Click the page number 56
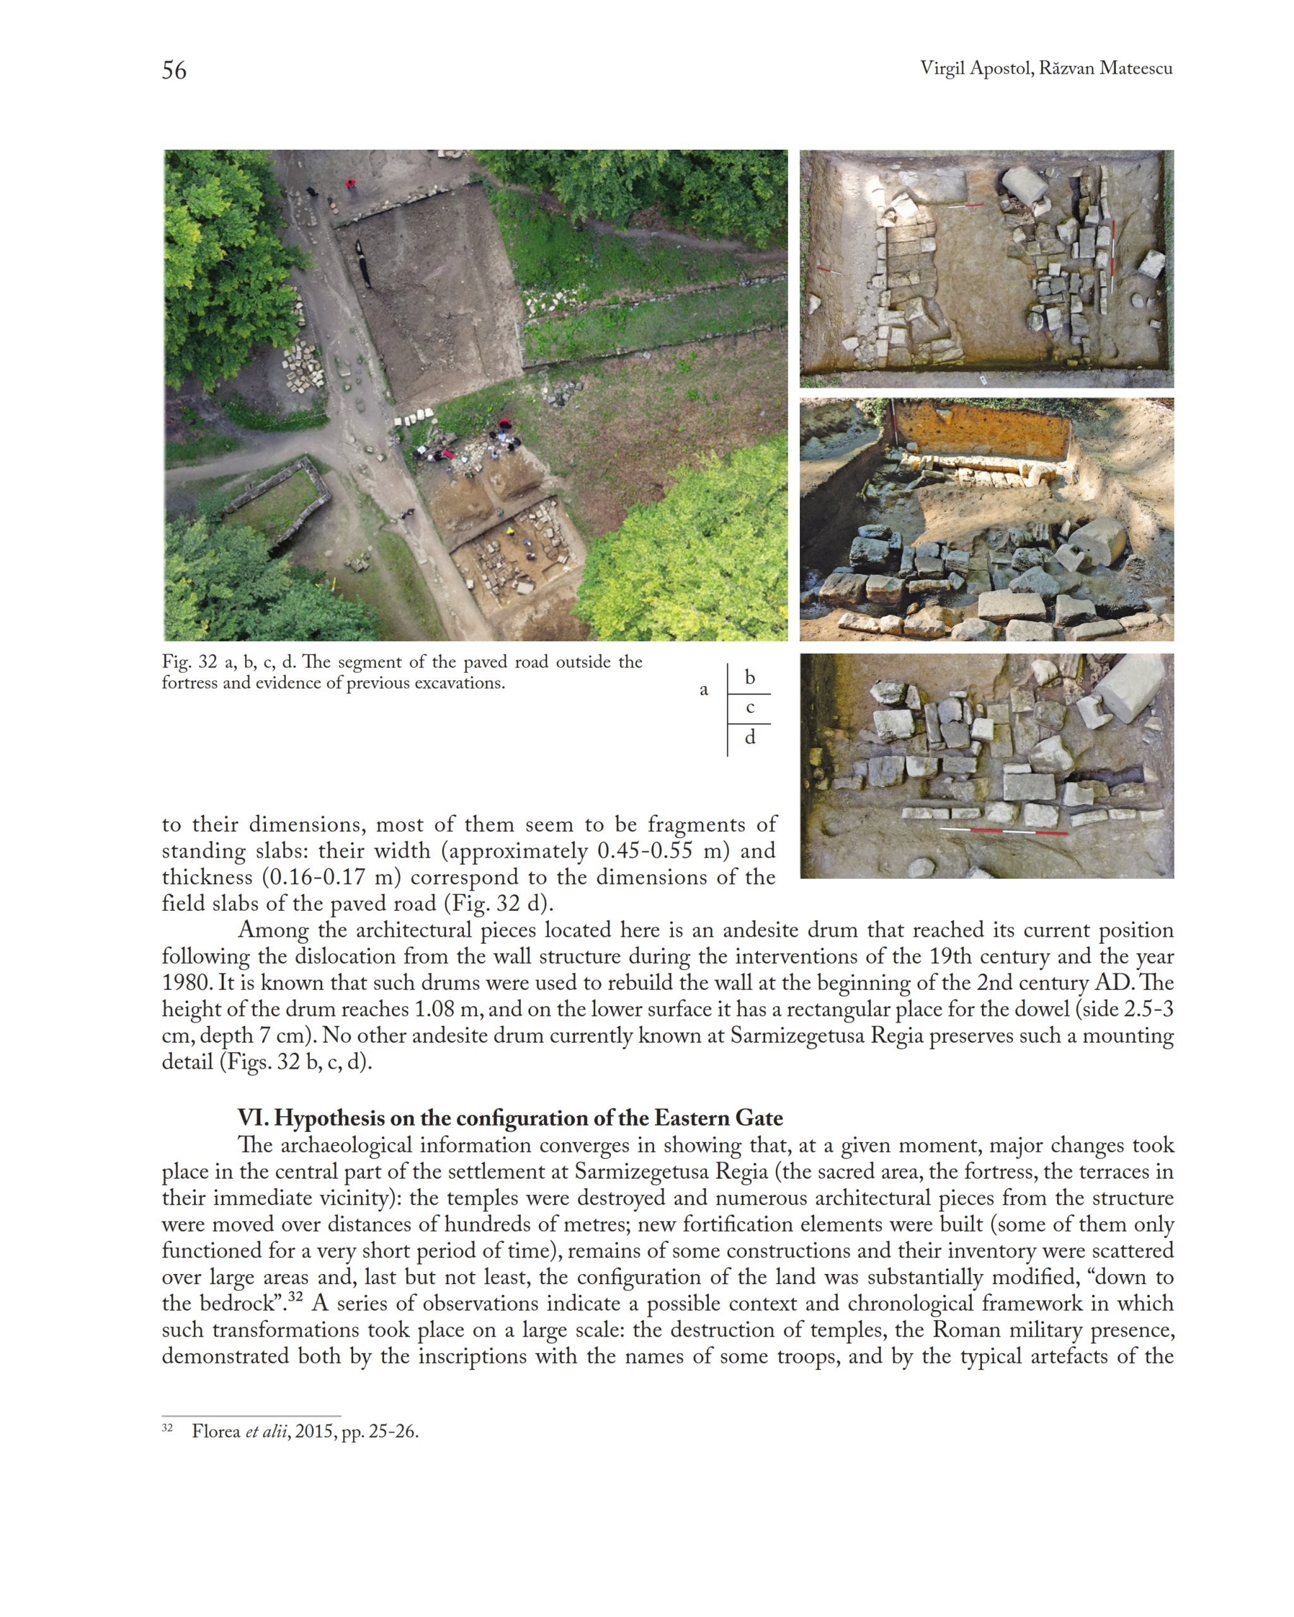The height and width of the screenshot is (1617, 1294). [x=174, y=71]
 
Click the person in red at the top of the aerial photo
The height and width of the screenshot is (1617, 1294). [x=349, y=183]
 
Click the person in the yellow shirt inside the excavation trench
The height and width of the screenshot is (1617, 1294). [x=511, y=531]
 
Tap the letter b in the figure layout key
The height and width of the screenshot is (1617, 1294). [x=749, y=677]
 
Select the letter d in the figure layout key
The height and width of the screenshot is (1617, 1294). [x=749, y=738]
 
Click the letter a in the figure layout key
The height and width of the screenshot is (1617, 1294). [x=704, y=690]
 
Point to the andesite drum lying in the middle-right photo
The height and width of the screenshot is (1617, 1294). [x=1097, y=541]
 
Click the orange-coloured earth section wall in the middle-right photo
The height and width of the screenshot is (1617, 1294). [x=983, y=431]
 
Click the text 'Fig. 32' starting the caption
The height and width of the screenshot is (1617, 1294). [x=189, y=662]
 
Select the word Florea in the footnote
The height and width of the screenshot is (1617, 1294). [x=215, y=1432]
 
